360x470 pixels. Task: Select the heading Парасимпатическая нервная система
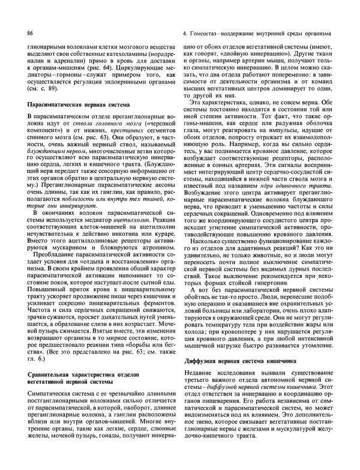coord(71,104)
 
